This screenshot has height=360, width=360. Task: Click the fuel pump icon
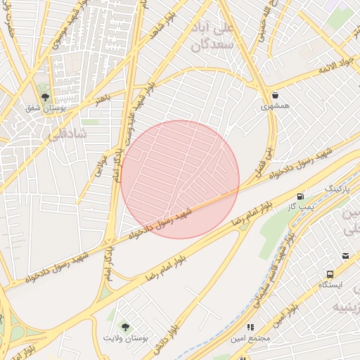301,196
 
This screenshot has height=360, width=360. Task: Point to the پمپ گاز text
301,207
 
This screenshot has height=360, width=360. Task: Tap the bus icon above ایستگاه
330,274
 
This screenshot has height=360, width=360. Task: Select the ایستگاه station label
330,285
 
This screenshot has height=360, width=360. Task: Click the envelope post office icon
345,256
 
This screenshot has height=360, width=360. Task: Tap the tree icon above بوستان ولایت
125,327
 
